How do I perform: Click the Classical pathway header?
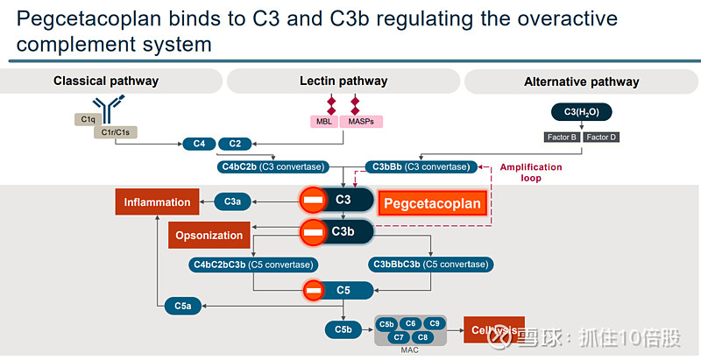pyautogui.click(x=106, y=81)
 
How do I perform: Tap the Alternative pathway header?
pyautogui.click(x=581, y=81)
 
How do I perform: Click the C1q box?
pyautogui.click(x=89, y=119)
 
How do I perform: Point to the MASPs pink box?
pyautogui.click(x=360, y=121)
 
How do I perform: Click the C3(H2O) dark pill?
pyautogui.click(x=582, y=112)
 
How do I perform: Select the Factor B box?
pyautogui.click(x=561, y=137)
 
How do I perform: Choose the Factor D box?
pyautogui.click(x=601, y=137)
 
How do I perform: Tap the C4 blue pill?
pyautogui.click(x=198, y=143)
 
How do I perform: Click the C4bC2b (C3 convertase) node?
pyautogui.click(x=273, y=166)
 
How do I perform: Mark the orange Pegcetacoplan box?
pyautogui.click(x=434, y=204)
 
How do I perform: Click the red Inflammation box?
pyautogui.click(x=157, y=202)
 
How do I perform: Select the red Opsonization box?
pyautogui.click(x=209, y=235)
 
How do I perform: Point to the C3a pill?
pyautogui.click(x=232, y=202)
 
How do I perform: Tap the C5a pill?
pyautogui.click(x=182, y=305)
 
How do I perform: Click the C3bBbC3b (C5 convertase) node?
pyautogui.click(x=431, y=264)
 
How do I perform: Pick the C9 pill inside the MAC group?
pyautogui.click(x=435, y=324)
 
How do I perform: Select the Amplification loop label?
pyautogui.click(x=531, y=173)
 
